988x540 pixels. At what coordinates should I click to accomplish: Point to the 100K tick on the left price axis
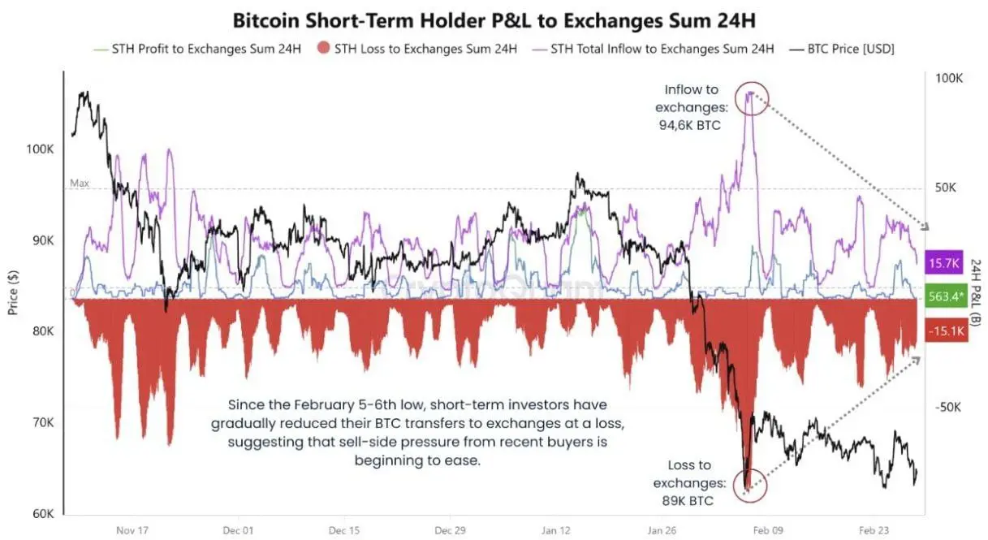tap(39, 149)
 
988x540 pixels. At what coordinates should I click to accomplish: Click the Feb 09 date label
tap(769, 530)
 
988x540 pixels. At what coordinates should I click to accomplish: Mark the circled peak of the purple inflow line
tap(751, 96)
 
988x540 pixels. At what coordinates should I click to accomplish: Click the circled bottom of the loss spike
tap(747, 485)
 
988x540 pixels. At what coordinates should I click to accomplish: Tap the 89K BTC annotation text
tap(688, 501)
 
